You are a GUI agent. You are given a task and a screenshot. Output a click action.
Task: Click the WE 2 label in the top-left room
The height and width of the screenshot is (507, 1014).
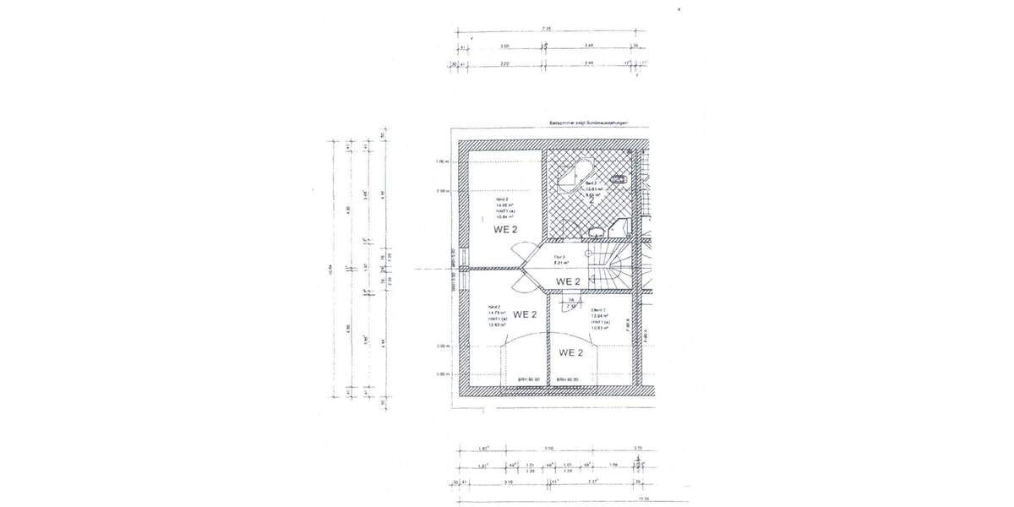click(506, 229)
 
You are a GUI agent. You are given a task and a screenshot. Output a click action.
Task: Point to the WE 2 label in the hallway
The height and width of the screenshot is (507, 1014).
click(569, 281)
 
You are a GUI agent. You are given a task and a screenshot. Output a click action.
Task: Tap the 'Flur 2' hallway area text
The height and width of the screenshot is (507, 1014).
click(564, 259)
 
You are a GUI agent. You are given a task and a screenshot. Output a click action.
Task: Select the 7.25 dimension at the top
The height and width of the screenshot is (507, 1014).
click(547, 29)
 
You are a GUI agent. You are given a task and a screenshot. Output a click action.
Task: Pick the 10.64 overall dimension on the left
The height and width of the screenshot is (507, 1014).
click(330, 270)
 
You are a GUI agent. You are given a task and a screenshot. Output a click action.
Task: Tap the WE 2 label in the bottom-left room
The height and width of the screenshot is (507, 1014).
click(524, 314)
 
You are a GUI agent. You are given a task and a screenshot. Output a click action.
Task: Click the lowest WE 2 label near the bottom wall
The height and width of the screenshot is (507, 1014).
click(570, 352)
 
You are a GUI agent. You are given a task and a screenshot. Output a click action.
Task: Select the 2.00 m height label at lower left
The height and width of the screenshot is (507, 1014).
click(443, 346)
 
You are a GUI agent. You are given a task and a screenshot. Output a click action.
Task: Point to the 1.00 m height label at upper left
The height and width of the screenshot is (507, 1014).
click(443, 161)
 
